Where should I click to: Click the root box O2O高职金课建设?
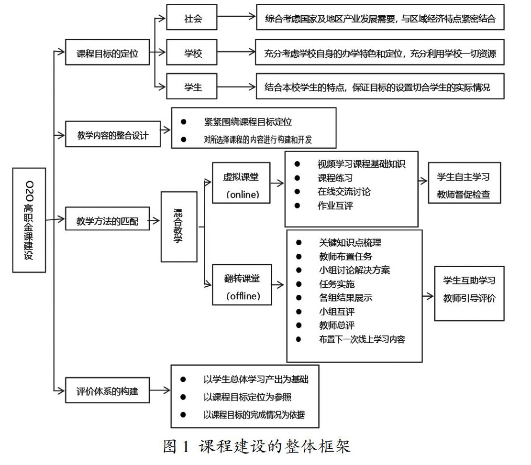(29, 220)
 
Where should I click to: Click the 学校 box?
(193, 54)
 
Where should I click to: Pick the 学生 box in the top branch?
(193, 87)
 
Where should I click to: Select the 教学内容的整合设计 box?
(113, 135)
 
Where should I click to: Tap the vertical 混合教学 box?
(179, 227)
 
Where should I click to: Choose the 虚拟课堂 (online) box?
(242, 185)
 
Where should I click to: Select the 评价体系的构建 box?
(108, 391)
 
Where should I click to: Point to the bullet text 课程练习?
(335, 178)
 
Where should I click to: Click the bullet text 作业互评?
(335, 205)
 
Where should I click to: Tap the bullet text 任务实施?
(337, 284)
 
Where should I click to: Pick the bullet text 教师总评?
(337, 325)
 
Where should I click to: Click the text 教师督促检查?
(464, 195)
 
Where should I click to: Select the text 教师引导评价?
(469, 298)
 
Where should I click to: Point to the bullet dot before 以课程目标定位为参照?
(183, 397)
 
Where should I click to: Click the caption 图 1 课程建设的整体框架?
(256, 446)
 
